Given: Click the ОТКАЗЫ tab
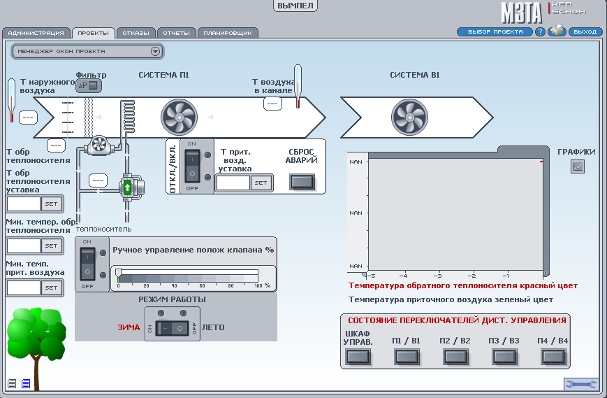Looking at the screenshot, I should (x=136, y=33).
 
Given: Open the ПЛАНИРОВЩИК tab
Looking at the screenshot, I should (x=228, y=33).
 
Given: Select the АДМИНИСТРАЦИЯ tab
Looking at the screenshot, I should (x=36, y=33).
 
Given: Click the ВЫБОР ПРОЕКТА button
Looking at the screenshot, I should (x=495, y=31).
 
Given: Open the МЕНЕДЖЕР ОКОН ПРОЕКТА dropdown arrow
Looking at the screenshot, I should (x=156, y=51).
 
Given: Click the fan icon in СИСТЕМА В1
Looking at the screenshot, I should (x=409, y=116).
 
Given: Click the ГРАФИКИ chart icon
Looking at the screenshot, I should (x=578, y=166).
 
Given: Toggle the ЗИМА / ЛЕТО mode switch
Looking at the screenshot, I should (x=172, y=327).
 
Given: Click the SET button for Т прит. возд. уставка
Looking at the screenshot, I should (x=260, y=183).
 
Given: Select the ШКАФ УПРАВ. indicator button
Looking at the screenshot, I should (x=358, y=357).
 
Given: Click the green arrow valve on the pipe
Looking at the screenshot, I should (x=127, y=187).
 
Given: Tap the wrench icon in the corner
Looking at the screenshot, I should (x=581, y=384).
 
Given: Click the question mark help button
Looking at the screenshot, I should (x=540, y=31).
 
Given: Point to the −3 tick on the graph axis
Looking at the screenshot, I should (x=438, y=275).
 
